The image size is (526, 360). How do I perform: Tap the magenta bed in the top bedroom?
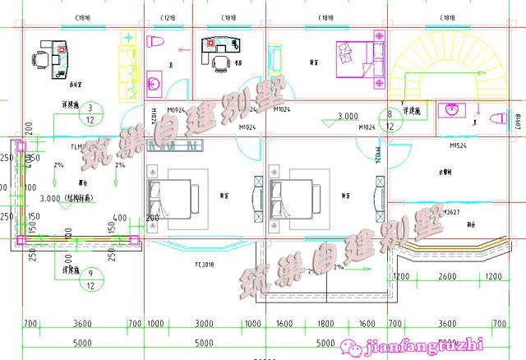357,56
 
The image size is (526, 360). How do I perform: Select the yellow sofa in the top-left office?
127,66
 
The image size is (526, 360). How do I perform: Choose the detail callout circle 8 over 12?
389,120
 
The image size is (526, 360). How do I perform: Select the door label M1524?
459,145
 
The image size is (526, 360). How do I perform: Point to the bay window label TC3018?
204,265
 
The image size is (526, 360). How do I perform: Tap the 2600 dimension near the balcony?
448,277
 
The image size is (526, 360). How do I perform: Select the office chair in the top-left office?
40,58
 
